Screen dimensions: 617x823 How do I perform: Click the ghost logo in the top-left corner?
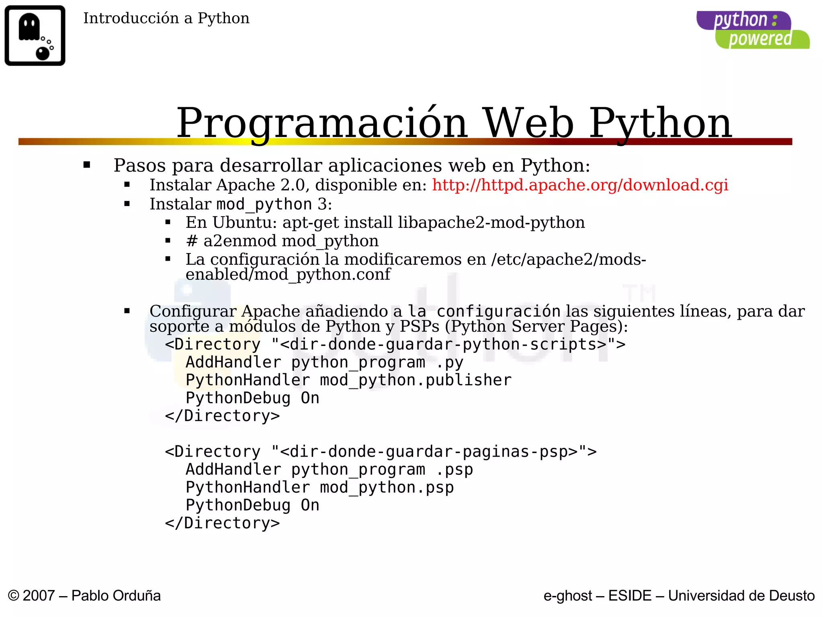35,35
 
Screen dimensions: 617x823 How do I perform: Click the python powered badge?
752,30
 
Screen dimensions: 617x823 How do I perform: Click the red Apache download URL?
580,185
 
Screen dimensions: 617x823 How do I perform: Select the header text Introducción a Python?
166,18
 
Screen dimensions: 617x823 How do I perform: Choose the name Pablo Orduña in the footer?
116,596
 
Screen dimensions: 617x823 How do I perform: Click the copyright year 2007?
39,596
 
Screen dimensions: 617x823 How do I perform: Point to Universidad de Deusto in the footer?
741,596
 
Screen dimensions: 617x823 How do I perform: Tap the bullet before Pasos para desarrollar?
87,165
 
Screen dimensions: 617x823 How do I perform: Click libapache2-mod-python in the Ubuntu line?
491,223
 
